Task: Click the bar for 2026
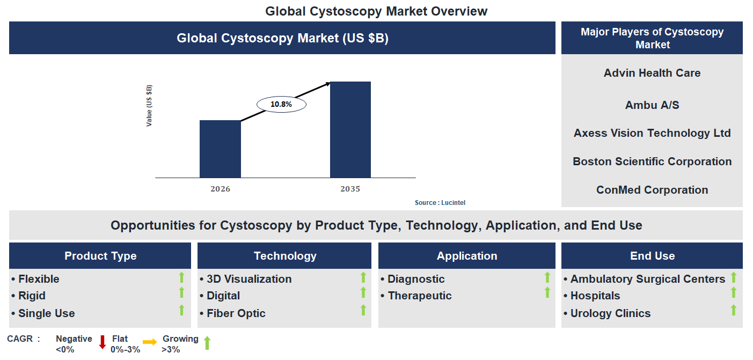(x=220, y=149)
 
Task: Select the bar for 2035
(x=350, y=129)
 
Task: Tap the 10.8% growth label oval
(x=281, y=104)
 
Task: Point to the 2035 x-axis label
(x=350, y=189)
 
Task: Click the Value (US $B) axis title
(x=149, y=106)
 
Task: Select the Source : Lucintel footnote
(x=440, y=203)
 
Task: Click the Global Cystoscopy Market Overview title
(x=376, y=11)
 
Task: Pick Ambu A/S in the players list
(x=652, y=105)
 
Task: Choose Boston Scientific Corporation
(x=652, y=161)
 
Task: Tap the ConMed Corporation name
(x=652, y=190)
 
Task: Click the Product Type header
(x=100, y=256)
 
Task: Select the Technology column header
(x=284, y=256)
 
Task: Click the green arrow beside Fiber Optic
(x=363, y=310)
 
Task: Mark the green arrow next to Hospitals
(x=733, y=292)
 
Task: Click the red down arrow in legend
(x=103, y=342)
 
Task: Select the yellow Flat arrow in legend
(x=150, y=342)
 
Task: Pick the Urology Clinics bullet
(x=610, y=313)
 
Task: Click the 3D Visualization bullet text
(x=249, y=279)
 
